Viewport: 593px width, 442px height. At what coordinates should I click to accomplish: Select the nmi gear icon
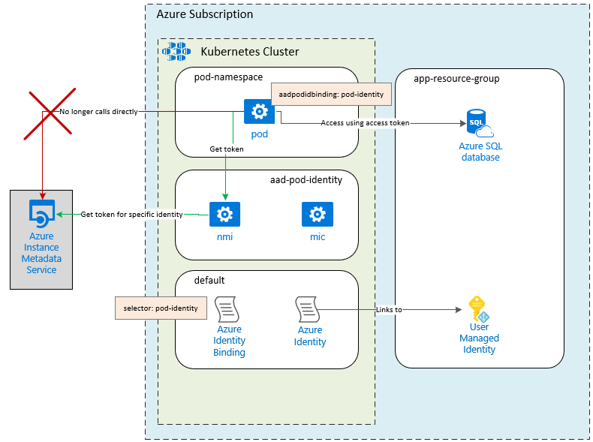tap(224, 215)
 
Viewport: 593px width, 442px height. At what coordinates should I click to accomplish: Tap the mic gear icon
tap(317, 215)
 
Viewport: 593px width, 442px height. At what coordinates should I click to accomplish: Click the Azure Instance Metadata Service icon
tap(41, 213)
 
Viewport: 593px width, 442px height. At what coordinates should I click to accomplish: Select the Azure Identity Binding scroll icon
tap(227, 309)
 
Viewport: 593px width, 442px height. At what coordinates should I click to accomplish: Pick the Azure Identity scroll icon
tap(309, 309)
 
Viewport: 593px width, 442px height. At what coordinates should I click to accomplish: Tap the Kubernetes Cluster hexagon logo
tap(178, 51)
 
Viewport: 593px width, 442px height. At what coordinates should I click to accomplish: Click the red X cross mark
tap(52, 113)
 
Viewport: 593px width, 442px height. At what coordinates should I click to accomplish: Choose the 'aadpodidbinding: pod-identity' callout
tap(331, 94)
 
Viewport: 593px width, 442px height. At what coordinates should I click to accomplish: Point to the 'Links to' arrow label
tap(388, 309)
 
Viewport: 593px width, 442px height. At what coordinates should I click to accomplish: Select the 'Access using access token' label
tap(365, 122)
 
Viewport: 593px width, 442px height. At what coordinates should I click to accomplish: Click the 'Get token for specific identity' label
tap(131, 215)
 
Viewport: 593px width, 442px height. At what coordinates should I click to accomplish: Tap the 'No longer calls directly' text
tap(99, 112)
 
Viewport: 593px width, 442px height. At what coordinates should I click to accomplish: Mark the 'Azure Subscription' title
tap(205, 14)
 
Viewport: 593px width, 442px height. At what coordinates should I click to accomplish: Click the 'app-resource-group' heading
tap(456, 78)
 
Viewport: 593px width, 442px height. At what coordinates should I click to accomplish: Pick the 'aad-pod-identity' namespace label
tap(306, 180)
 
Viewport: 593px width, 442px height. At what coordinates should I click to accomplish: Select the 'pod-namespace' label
tap(228, 78)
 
